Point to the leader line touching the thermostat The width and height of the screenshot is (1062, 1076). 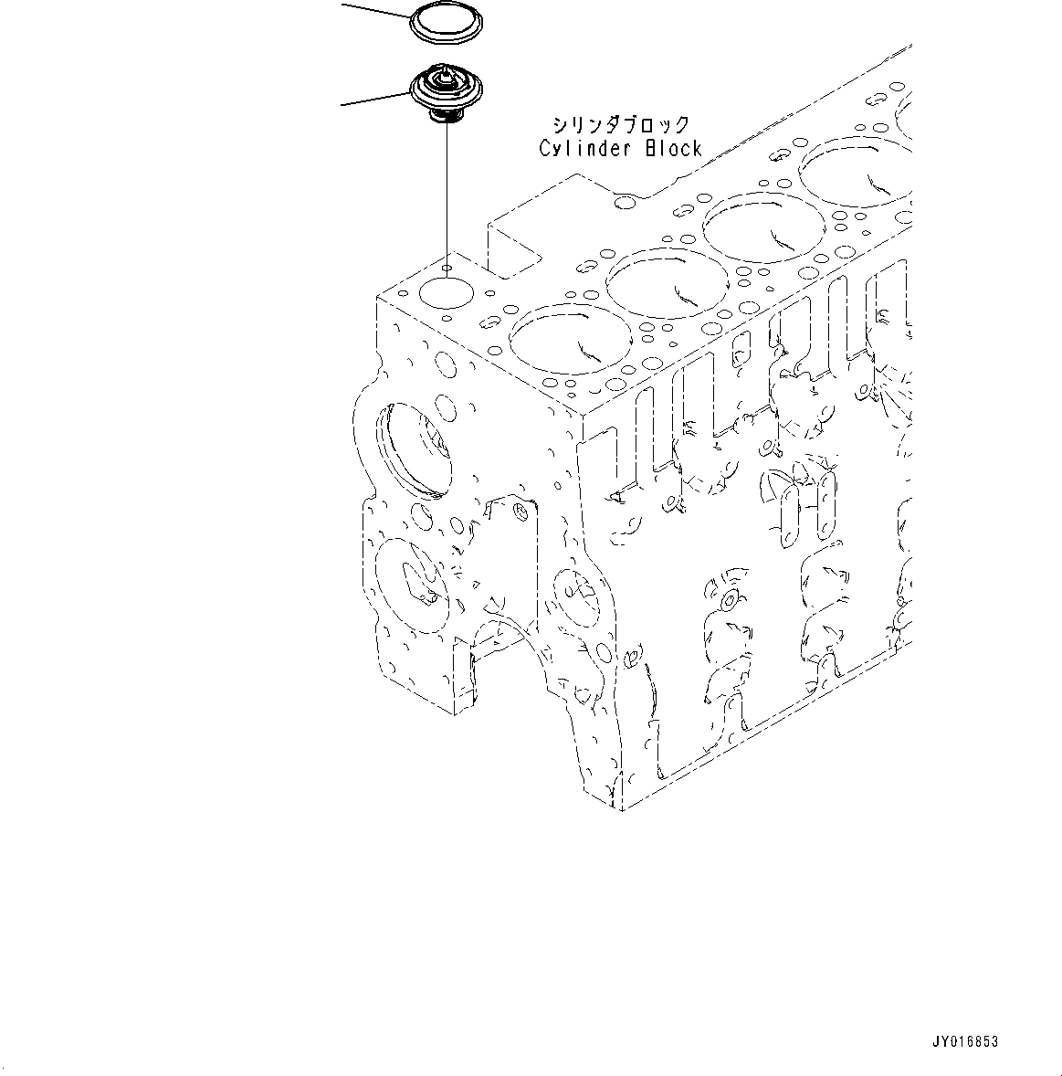[374, 100]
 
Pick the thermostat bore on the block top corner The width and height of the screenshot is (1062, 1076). [445, 294]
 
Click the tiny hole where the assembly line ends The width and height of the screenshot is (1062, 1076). [447, 269]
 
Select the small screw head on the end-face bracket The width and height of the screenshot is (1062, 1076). [520, 508]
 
